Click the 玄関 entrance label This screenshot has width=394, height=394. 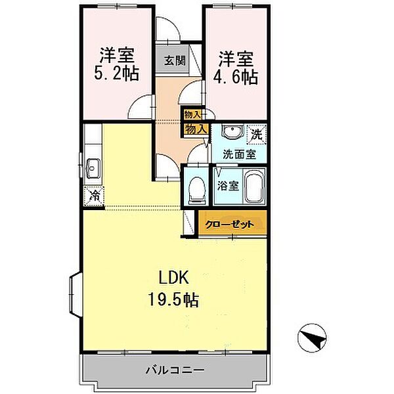coord(174,61)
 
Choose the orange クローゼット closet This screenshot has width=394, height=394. coord(234,223)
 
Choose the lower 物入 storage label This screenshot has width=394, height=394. coord(196,128)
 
